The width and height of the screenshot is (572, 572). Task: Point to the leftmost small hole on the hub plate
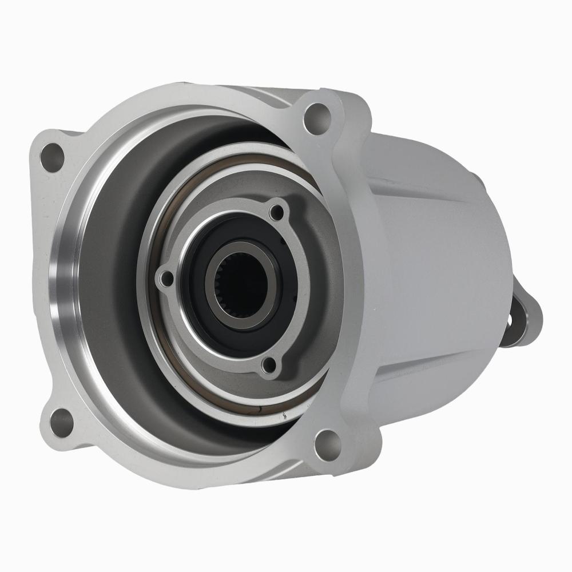pos(166,279)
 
